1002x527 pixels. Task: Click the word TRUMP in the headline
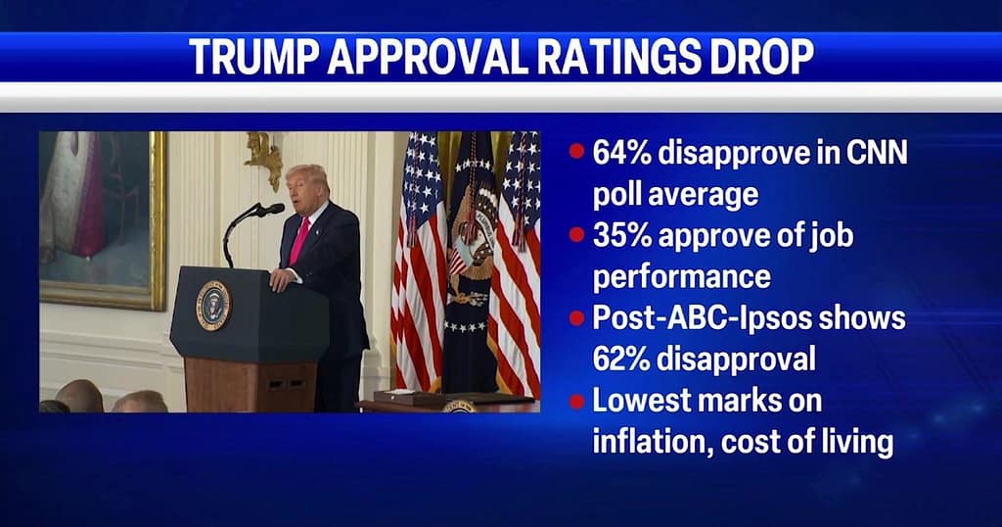[x=253, y=56]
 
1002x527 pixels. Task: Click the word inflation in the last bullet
[x=652, y=442]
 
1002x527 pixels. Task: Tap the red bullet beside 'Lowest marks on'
[x=576, y=402]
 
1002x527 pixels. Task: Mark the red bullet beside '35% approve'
[x=576, y=235]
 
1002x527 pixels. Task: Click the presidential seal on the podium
[x=212, y=305]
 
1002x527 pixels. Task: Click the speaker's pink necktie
[x=299, y=240]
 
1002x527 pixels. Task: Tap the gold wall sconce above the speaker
[x=265, y=156]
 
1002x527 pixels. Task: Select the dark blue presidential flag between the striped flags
[x=471, y=263]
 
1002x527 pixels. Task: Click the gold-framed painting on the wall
[x=102, y=219]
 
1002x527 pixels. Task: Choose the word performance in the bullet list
[x=681, y=277]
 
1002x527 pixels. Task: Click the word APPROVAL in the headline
[x=428, y=56]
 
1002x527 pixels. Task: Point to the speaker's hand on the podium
[x=279, y=279]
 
